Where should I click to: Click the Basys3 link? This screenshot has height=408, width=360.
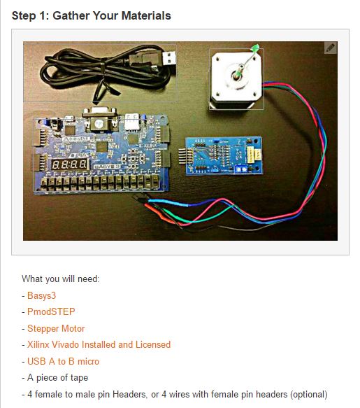pos(41,295)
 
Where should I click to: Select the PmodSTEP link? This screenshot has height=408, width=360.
pos(51,311)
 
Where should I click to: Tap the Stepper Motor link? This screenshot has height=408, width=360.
pos(56,328)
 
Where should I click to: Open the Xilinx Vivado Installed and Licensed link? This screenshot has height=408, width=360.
pos(99,344)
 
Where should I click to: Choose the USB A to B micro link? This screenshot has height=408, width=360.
pos(63,361)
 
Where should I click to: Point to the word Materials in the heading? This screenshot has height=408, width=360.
pos(146,15)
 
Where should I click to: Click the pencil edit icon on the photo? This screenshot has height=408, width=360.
pos(330,48)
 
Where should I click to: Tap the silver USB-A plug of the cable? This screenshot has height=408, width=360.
pos(168,58)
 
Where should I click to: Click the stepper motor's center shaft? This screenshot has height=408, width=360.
pos(237,74)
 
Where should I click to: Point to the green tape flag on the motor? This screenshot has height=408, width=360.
pos(255,48)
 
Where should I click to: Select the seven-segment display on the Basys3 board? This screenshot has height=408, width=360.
pos(70,164)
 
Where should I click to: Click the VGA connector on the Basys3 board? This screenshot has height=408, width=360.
pos(99,119)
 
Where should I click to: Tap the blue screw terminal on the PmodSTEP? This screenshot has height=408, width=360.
pos(242,169)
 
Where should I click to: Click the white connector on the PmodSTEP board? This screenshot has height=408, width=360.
pos(254,155)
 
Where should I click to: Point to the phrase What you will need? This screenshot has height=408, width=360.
pos(60,279)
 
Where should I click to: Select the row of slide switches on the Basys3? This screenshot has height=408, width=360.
pos(99,182)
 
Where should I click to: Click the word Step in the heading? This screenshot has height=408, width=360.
pos(24,16)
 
